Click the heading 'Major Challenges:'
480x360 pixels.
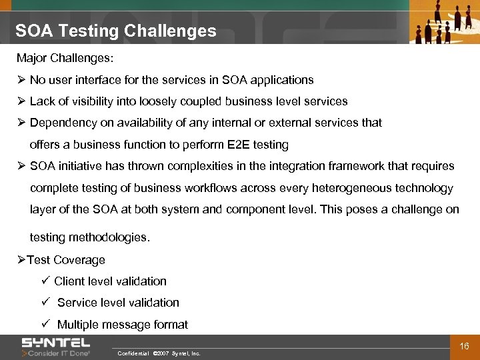point(65,59)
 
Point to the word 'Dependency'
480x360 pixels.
point(61,123)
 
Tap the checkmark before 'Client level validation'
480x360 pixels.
point(45,281)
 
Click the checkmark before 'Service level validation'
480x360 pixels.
point(45,302)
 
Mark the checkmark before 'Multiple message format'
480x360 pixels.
point(45,324)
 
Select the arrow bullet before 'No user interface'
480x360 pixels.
point(21,80)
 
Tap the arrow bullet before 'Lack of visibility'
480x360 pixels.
point(21,101)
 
